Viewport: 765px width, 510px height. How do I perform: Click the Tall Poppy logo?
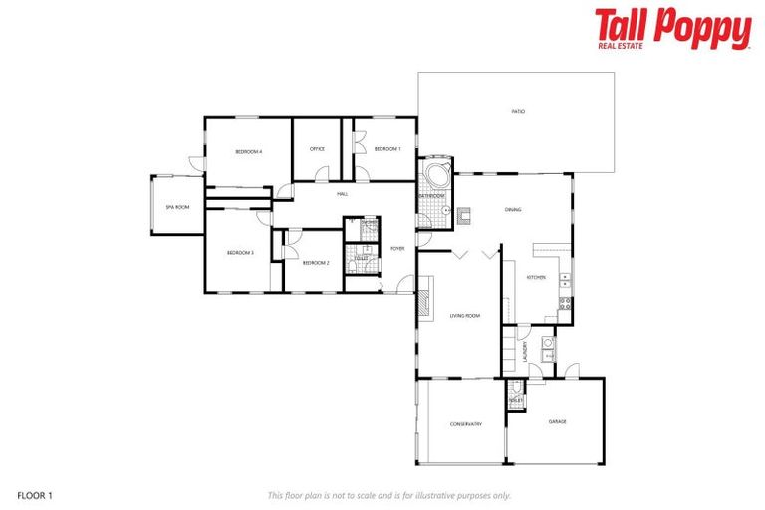click(672, 29)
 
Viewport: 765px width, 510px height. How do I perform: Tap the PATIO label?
click(518, 111)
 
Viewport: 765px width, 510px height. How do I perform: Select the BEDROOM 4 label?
click(248, 151)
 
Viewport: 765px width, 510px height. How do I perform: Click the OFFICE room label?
click(317, 149)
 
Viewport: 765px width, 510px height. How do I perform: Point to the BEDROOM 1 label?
click(386, 149)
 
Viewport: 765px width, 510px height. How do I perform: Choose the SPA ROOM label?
click(176, 207)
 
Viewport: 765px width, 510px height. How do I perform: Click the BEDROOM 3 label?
click(240, 253)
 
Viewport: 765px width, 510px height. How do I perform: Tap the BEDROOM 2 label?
click(315, 263)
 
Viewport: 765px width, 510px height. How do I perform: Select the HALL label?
click(342, 193)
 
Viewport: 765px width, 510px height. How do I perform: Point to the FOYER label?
click(397, 248)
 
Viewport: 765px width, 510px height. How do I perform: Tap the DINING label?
click(513, 209)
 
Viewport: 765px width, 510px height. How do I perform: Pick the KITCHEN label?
click(536, 277)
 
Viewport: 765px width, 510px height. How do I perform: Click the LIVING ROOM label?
click(464, 316)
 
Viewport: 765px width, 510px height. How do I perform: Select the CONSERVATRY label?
click(465, 424)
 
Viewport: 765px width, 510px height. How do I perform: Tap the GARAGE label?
click(558, 421)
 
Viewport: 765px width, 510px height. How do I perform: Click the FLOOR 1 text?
click(35, 495)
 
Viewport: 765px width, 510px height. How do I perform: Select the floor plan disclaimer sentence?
click(388, 495)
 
